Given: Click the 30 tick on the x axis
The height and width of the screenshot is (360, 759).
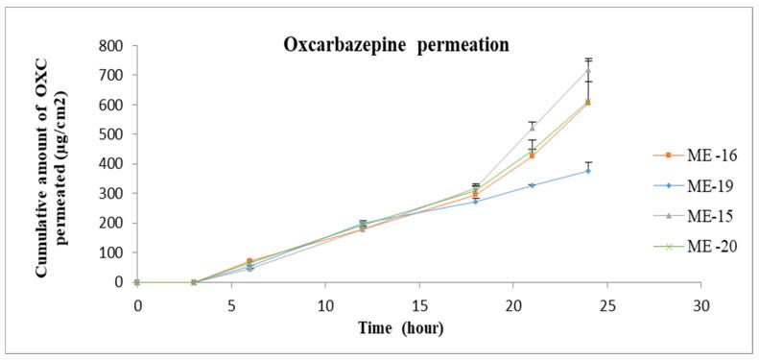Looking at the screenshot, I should [x=700, y=300].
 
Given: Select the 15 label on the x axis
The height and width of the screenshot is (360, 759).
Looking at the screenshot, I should [x=418, y=300].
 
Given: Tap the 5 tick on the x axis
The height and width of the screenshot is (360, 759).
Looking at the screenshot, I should [x=231, y=300].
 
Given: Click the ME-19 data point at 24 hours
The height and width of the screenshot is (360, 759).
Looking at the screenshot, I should [x=587, y=171].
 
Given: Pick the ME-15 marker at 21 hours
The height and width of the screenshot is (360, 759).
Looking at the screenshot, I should [x=531, y=128].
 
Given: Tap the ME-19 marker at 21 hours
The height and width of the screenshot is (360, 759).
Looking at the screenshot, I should [x=531, y=185].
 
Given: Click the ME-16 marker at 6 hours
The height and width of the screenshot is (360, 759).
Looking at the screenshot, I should [x=249, y=261].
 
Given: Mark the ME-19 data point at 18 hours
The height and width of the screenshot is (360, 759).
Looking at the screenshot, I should [x=475, y=202].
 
